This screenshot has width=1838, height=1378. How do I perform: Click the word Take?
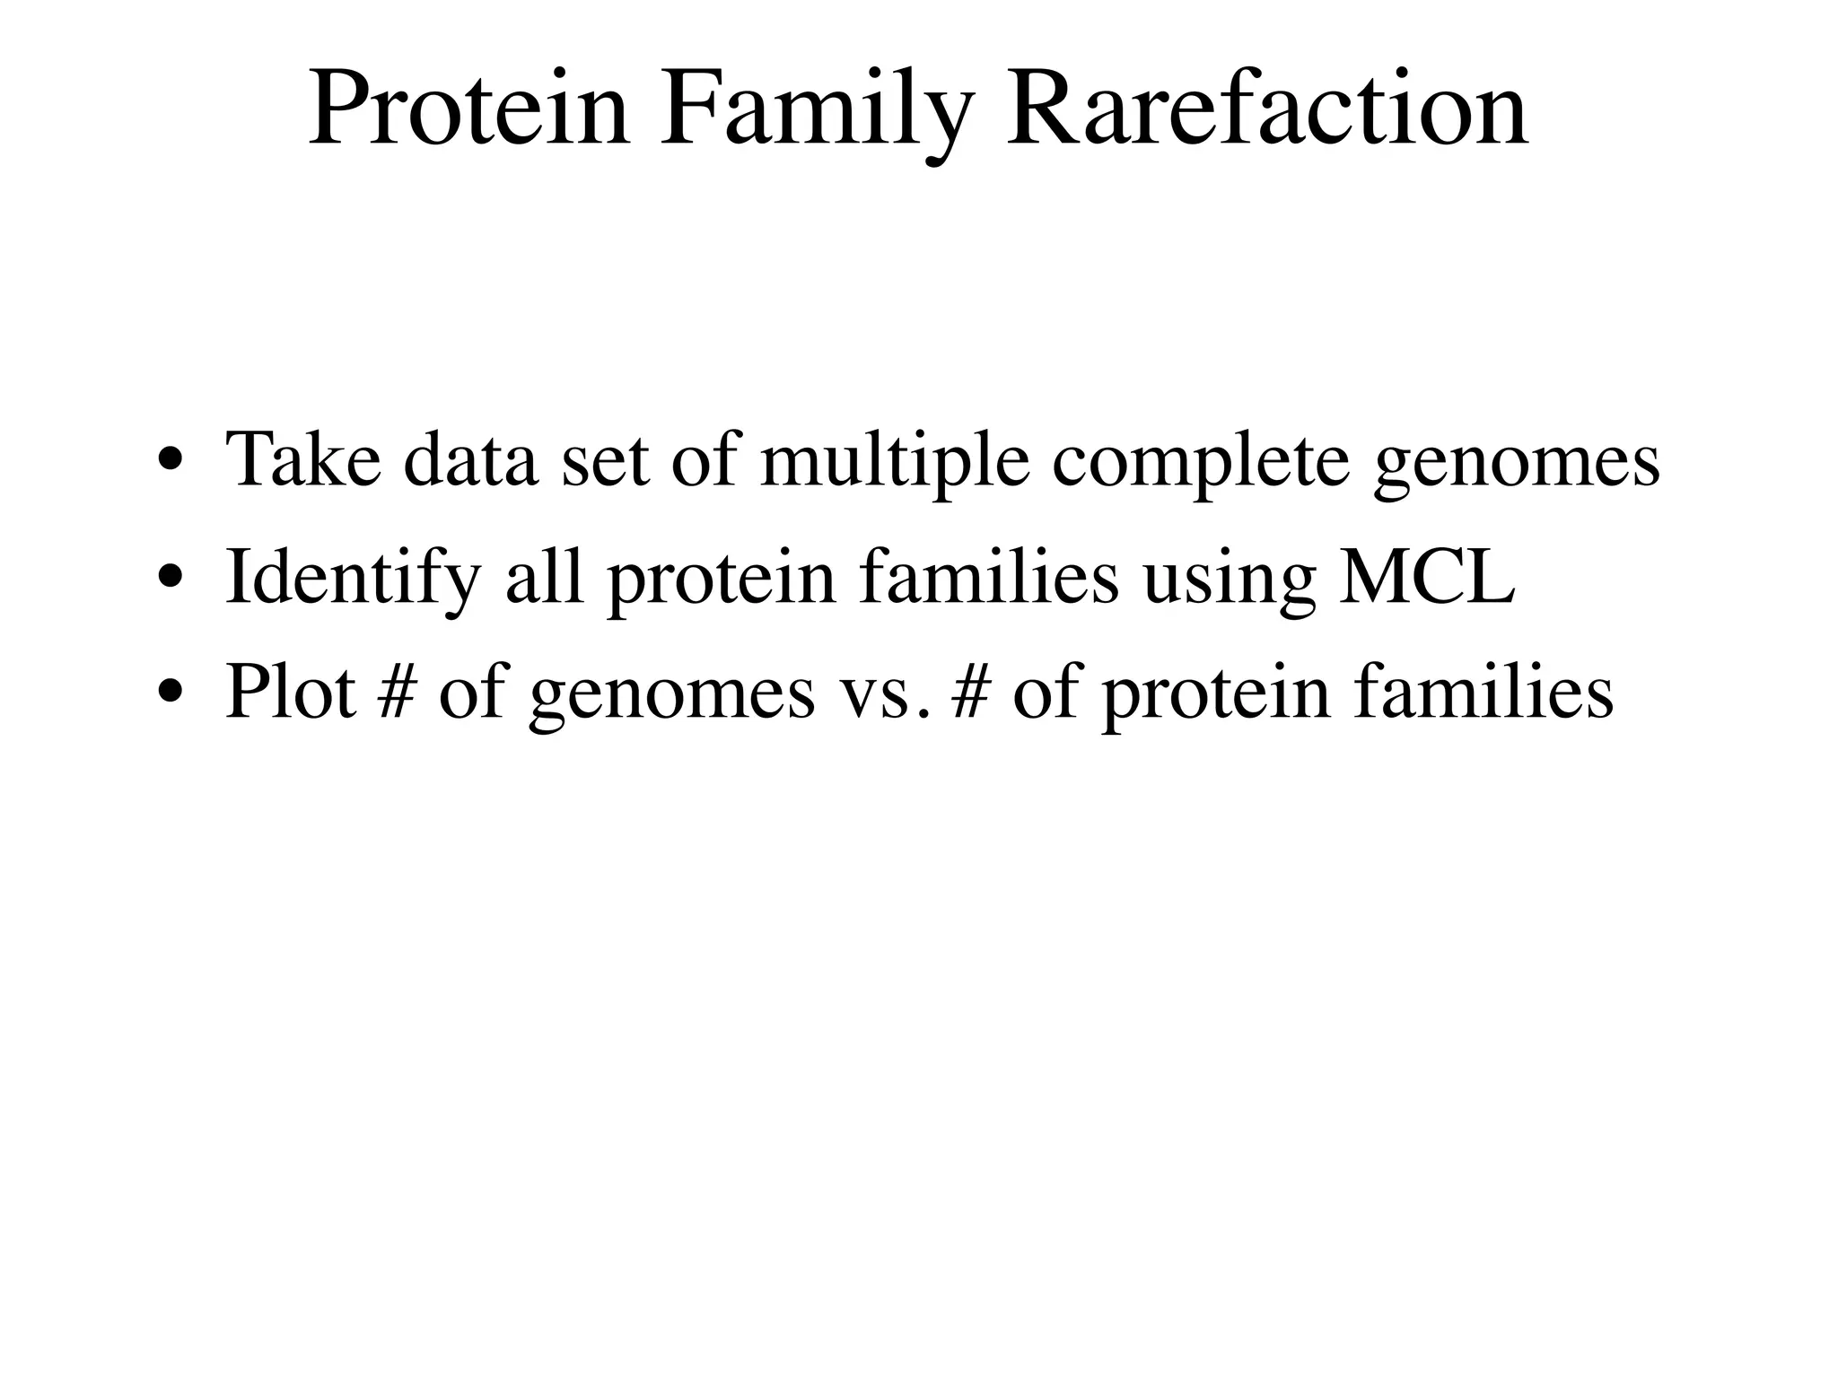pyautogui.click(x=302, y=459)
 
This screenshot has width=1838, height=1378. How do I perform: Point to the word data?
pyautogui.click(x=471, y=459)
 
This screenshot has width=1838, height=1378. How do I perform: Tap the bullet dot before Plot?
pyautogui.click(x=170, y=694)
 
